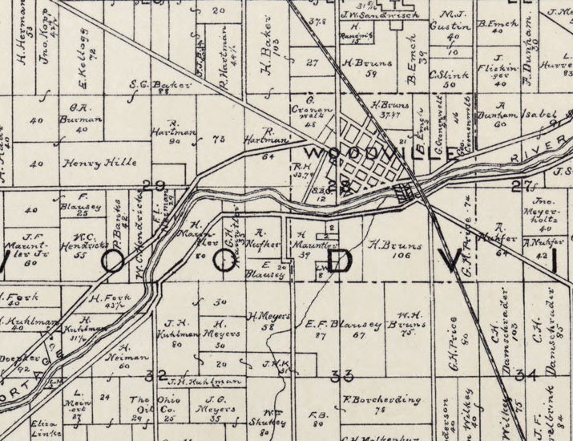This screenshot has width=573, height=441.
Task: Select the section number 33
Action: pyautogui.click(x=342, y=374)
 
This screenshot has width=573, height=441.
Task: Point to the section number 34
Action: pyautogui.click(x=526, y=374)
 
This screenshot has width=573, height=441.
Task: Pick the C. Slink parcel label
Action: pyautogui.click(x=442, y=75)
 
